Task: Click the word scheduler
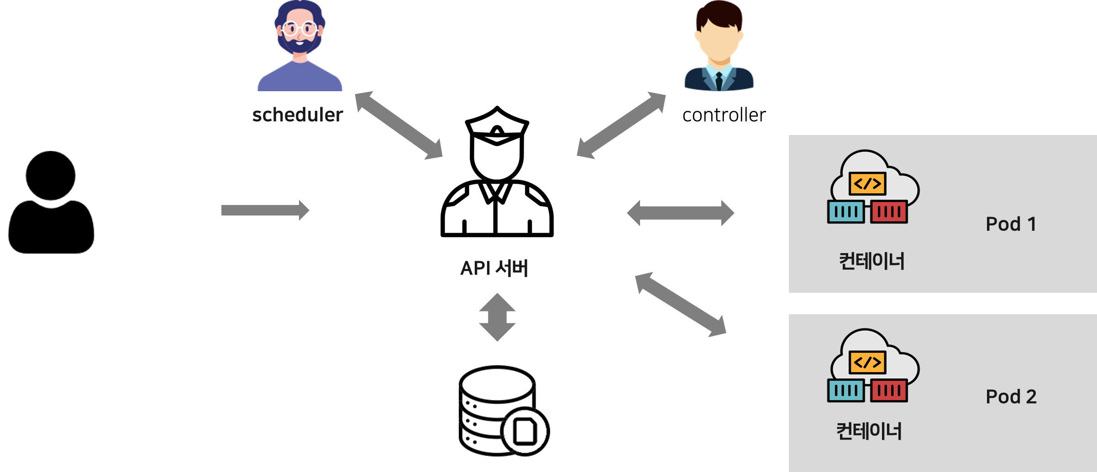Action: (297, 115)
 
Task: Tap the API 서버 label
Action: (494, 268)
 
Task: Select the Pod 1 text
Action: (1011, 224)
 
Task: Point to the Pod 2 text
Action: (1011, 397)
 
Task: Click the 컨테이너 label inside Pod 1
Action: (871, 261)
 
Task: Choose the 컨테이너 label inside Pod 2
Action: (869, 431)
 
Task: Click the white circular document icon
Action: (525, 431)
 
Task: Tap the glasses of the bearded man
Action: (299, 29)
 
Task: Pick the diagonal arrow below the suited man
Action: (621, 125)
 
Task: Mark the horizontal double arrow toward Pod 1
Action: (680, 213)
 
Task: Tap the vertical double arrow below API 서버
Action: (497, 317)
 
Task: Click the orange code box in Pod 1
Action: (867, 184)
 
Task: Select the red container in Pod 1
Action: (889, 212)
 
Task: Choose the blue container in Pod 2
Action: (845, 391)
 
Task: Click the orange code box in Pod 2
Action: (867, 363)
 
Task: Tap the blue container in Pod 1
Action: (845, 212)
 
